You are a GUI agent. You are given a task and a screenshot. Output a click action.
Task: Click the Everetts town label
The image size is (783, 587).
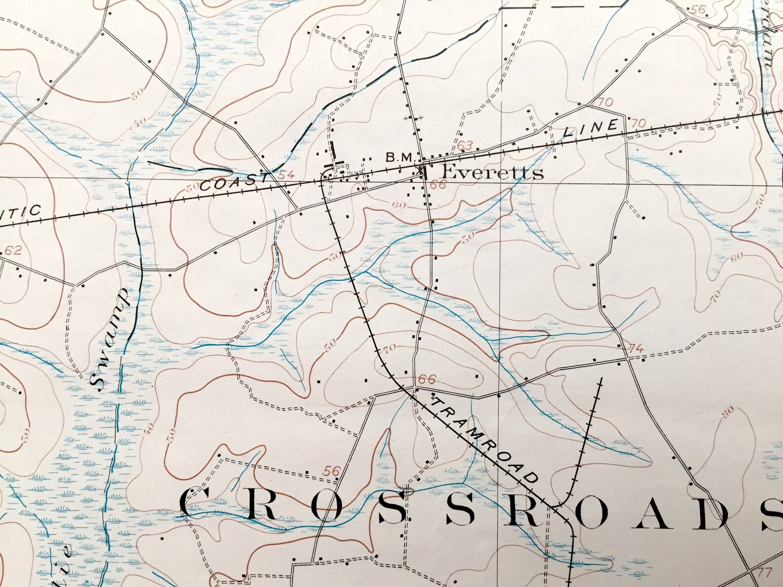(x=492, y=173)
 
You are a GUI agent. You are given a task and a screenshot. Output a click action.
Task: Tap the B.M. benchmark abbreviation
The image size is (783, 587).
(x=402, y=158)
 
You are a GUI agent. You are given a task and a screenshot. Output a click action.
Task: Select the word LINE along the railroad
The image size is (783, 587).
(x=590, y=129)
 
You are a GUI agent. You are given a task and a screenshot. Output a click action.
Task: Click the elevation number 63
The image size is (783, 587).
(x=465, y=145)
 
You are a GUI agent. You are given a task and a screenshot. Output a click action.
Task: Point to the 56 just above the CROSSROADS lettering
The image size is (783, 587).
(x=332, y=471)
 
